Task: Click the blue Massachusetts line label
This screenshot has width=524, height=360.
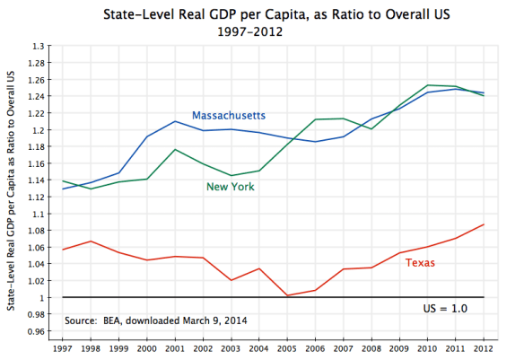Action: [234, 115]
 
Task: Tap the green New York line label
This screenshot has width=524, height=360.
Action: [231, 187]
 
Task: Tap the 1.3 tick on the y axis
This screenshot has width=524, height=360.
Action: [39, 46]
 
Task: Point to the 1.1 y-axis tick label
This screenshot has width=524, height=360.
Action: [39, 214]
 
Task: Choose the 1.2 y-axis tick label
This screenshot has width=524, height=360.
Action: [39, 129]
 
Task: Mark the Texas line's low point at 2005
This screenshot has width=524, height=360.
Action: [288, 295]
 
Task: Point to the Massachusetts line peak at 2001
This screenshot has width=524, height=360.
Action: [175, 121]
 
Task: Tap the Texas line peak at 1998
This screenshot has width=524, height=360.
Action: [90, 241]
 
